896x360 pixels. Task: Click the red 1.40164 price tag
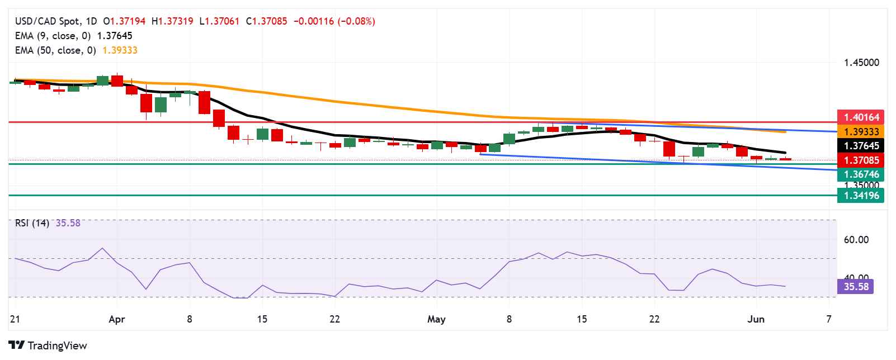coord(861,117)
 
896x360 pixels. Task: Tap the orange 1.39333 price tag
coord(861,131)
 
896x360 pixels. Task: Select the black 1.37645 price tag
coord(861,145)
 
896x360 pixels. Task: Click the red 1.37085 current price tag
coord(861,160)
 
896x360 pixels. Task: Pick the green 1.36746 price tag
coord(861,174)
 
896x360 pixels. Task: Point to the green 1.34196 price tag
coord(861,195)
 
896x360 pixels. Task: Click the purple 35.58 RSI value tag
coord(855,286)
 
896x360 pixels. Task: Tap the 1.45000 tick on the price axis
coord(861,63)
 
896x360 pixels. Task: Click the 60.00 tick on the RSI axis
coord(856,240)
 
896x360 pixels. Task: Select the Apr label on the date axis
coord(116,319)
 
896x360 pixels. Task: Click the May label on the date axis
coord(436,319)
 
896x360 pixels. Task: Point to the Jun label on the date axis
coord(756,319)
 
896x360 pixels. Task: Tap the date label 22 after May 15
coord(654,319)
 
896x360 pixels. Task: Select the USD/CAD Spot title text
coord(48,21)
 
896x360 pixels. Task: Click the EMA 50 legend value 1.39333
coord(120,50)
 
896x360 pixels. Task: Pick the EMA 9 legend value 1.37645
coord(115,36)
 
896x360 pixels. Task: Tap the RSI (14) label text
coord(32,223)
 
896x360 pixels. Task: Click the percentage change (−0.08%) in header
coord(356,21)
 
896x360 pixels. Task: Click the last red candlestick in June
coord(785,159)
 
